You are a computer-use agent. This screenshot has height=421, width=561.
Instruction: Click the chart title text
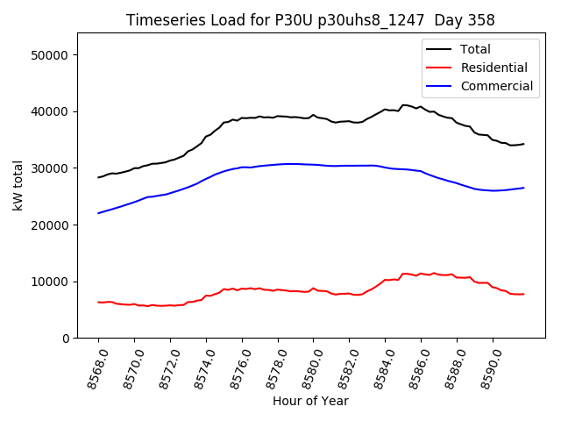pyautogui.click(x=310, y=20)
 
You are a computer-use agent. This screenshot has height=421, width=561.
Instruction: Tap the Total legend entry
pyautogui.click(x=475, y=49)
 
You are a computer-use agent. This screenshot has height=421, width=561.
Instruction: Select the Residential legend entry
pyautogui.click(x=494, y=68)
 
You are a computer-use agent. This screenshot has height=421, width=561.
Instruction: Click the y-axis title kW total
pyautogui.click(x=18, y=185)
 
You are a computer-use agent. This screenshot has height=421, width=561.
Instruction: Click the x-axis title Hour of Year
pyautogui.click(x=310, y=401)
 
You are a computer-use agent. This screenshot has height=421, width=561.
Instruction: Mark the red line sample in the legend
pyautogui.click(x=441, y=68)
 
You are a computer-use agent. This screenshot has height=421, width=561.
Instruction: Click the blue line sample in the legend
pyautogui.click(x=441, y=86)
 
